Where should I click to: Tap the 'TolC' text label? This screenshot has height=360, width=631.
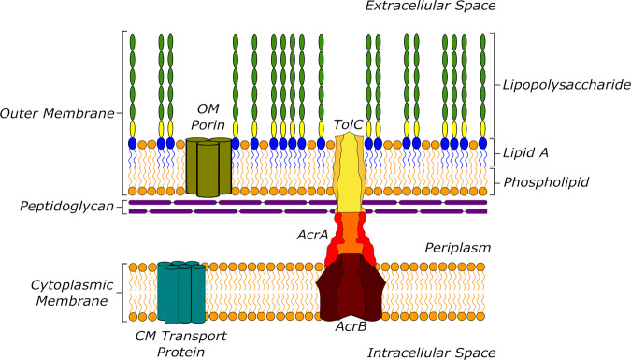349,123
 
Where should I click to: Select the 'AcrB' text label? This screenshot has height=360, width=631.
352,327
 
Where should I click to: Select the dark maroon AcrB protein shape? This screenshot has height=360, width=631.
351,290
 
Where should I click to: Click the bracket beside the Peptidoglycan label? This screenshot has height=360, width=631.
123,206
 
